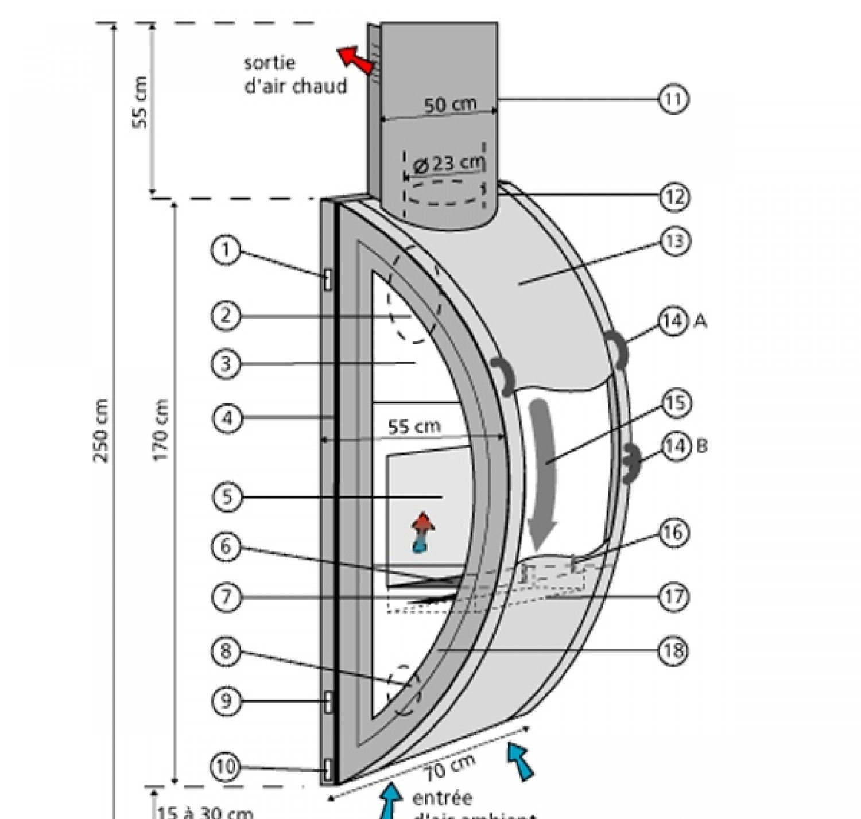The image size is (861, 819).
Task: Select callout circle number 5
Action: tap(228, 496)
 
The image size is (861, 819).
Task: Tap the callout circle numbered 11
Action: tap(673, 99)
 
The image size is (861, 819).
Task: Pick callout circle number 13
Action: tap(674, 241)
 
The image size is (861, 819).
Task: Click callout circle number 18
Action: tap(674, 651)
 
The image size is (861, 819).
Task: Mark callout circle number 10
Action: tap(226, 766)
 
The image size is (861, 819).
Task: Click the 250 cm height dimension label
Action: tap(101, 430)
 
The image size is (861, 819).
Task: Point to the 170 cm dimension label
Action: tap(161, 429)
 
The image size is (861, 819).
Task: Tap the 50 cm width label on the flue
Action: tap(450, 105)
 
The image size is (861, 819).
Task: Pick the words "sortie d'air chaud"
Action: tap(295, 75)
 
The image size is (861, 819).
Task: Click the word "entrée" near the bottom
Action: tap(442, 798)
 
